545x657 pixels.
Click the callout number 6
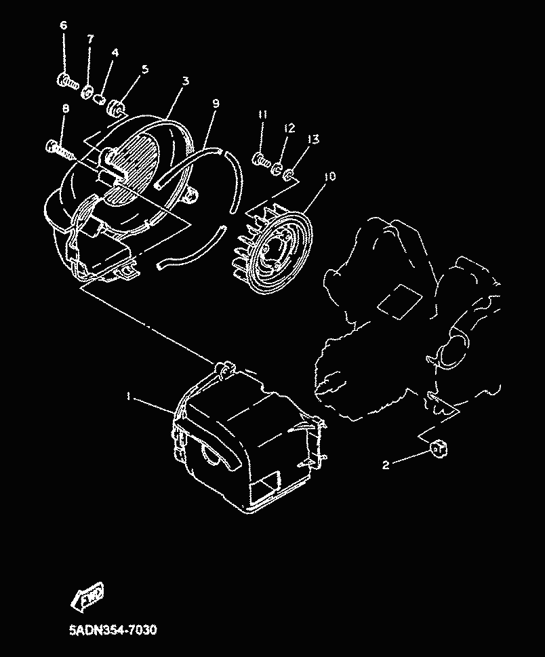(63, 25)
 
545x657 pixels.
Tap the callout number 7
(90, 39)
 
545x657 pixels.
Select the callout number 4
(115, 53)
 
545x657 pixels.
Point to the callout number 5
(145, 68)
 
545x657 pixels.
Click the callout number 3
(185, 81)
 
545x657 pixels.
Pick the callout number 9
(216, 103)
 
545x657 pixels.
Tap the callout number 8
(65, 108)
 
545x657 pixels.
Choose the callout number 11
(262, 115)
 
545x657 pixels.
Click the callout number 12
(289, 127)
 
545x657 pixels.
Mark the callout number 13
(314, 139)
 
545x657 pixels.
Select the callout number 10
(330, 176)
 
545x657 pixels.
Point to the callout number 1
(129, 396)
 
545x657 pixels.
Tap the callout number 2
(386, 464)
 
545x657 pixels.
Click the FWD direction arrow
(87, 595)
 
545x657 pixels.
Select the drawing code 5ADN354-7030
(113, 630)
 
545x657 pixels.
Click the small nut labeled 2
(438, 450)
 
